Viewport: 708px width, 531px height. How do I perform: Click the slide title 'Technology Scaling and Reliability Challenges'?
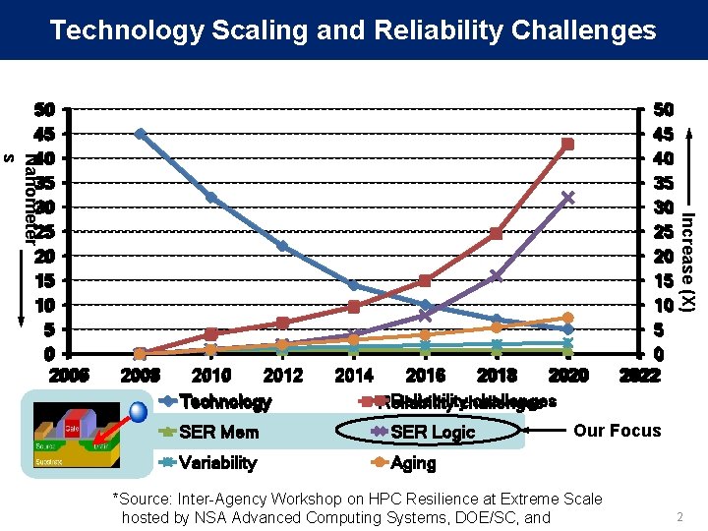point(353,29)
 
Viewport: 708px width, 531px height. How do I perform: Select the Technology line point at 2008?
point(141,134)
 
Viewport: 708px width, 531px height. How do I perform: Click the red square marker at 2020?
point(567,145)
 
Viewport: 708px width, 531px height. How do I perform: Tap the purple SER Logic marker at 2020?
point(567,198)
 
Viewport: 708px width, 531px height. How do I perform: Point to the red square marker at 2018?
point(496,234)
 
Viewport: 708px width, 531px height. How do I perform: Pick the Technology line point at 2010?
point(211,198)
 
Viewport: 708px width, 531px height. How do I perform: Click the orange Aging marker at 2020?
point(567,319)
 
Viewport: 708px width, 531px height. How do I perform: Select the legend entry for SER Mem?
point(218,432)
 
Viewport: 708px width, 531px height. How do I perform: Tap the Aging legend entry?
point(413,462)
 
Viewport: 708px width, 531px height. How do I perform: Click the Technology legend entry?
point(224,401)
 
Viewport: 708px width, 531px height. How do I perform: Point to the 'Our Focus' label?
point(617,430)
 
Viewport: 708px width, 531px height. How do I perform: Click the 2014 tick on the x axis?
point(354,375)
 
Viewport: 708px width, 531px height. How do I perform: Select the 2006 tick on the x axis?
point(69,375)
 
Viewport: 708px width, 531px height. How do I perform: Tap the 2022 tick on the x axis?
point(639,375)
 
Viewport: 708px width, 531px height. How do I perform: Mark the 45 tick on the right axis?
point(665,133)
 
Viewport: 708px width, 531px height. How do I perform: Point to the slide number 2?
point(678,517)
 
